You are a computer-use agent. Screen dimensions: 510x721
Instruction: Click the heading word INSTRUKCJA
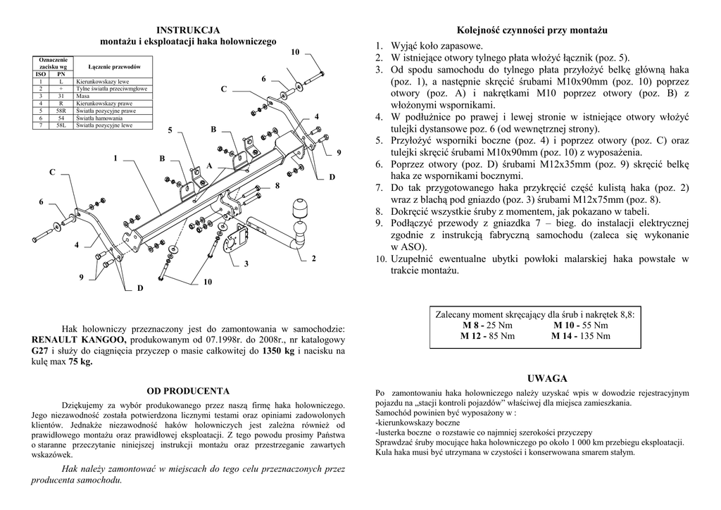coord(188,30)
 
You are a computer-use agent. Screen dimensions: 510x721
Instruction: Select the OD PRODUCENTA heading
coord(188,390)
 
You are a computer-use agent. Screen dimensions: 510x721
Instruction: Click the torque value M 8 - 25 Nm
coord(488,325)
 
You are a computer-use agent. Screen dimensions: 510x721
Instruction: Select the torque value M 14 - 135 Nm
coord(581,336)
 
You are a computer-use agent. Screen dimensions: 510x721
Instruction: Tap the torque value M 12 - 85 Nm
coord(487,336)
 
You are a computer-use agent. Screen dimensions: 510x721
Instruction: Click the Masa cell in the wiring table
coord(82,96)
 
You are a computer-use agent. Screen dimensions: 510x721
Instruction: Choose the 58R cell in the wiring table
coord(61,111)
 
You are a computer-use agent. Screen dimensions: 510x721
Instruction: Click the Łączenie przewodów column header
coord(114,66)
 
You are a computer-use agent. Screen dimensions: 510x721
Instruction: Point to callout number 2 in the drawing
coord(314,259)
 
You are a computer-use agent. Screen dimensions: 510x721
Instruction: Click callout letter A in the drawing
coord(209,166)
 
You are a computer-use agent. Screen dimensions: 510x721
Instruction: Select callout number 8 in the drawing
coord(277,185)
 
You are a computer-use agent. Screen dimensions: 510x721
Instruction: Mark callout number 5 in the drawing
coord(170,131)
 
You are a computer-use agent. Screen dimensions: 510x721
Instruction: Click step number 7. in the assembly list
coord(379,188)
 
